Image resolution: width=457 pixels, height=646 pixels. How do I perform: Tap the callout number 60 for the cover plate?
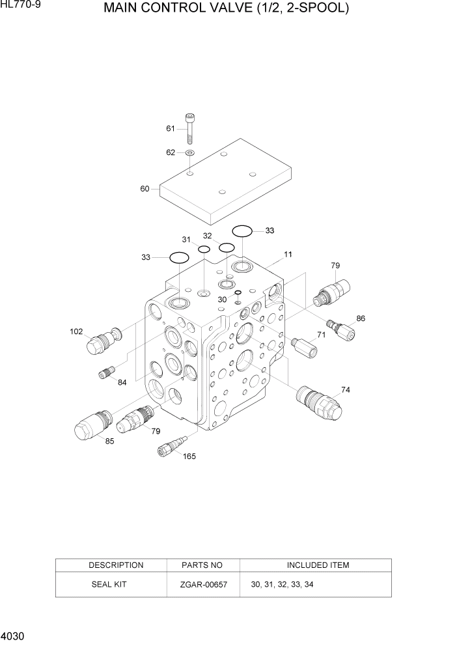pos(145,189)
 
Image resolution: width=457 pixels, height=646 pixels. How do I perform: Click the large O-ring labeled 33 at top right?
pos(242,231)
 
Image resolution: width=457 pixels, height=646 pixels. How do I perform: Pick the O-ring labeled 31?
pos(204,249)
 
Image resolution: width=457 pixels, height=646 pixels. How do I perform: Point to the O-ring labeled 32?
pos(227,247)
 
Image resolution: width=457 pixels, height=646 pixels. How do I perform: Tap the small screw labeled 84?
pos(107,373)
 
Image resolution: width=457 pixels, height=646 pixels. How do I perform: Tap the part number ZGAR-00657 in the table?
pos(203,585)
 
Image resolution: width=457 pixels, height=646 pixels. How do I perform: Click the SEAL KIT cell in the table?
pos(111,585)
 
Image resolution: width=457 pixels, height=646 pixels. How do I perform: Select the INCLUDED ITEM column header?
pos(317,565)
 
